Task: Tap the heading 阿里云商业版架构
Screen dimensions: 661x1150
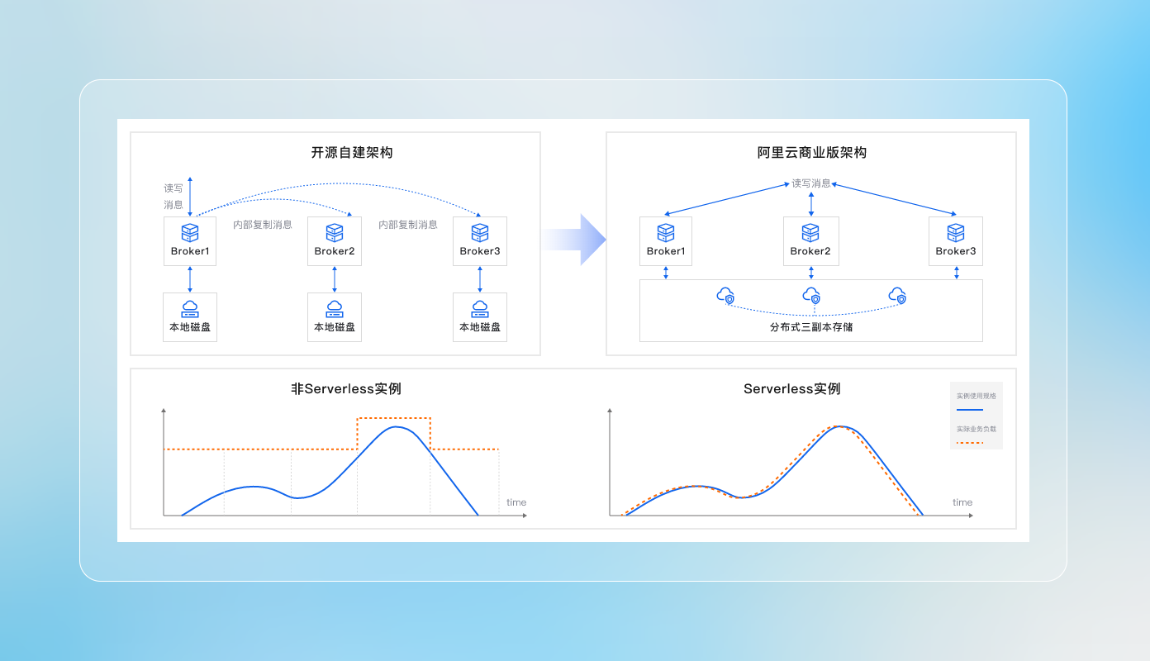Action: tap(812, 153)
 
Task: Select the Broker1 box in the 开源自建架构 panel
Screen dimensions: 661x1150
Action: tap(190, 240)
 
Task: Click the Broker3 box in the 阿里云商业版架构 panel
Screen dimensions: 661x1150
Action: tap(956, 240)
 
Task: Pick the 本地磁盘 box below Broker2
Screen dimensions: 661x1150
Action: tap(335, 317)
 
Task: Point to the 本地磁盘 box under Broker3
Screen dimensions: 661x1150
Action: tap(480, 317)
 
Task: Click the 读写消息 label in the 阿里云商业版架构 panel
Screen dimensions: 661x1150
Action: tap(811, 183)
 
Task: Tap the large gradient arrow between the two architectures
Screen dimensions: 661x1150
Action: tap(575, 240)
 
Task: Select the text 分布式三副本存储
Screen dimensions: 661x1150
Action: tap(811, 327)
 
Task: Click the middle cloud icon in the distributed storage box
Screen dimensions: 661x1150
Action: tap(812, 296)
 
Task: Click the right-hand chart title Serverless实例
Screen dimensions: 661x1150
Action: tap(792, 388)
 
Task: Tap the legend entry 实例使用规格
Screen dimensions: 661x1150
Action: tap(977, 397)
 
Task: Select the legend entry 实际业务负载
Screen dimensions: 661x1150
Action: tap(977, 430)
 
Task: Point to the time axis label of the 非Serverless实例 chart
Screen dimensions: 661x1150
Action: tap(516, 502)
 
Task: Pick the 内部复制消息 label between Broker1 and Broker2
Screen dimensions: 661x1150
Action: tap(262, 225)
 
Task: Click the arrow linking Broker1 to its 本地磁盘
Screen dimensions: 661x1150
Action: tap(190, 279)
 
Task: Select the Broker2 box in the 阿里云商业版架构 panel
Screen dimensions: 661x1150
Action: tap(810, 240)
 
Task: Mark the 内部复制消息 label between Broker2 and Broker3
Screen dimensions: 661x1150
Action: tap(408, 225)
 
